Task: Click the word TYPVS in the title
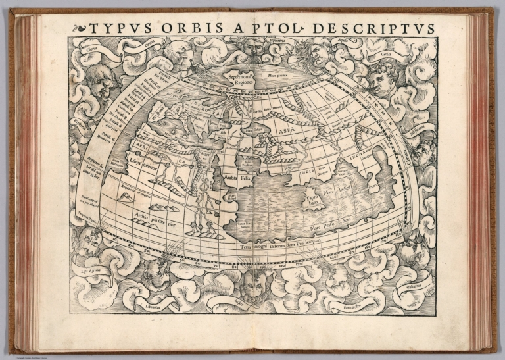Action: coord(114,28)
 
